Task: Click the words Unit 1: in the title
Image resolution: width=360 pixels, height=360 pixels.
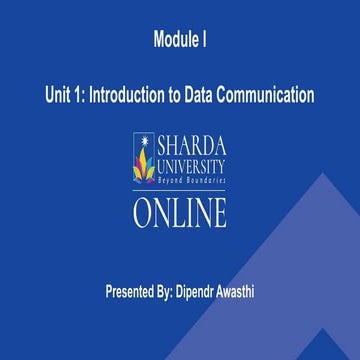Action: pos(65,95)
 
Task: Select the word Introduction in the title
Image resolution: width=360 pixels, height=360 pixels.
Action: pos(132,95)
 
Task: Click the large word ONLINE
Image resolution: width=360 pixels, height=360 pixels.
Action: pos(180,212)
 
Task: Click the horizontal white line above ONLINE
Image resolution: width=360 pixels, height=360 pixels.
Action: pos(180,191)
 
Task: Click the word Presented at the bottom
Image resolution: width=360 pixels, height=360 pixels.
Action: pos(137,292)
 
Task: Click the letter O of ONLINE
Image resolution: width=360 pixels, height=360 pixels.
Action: pos(145,212)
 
